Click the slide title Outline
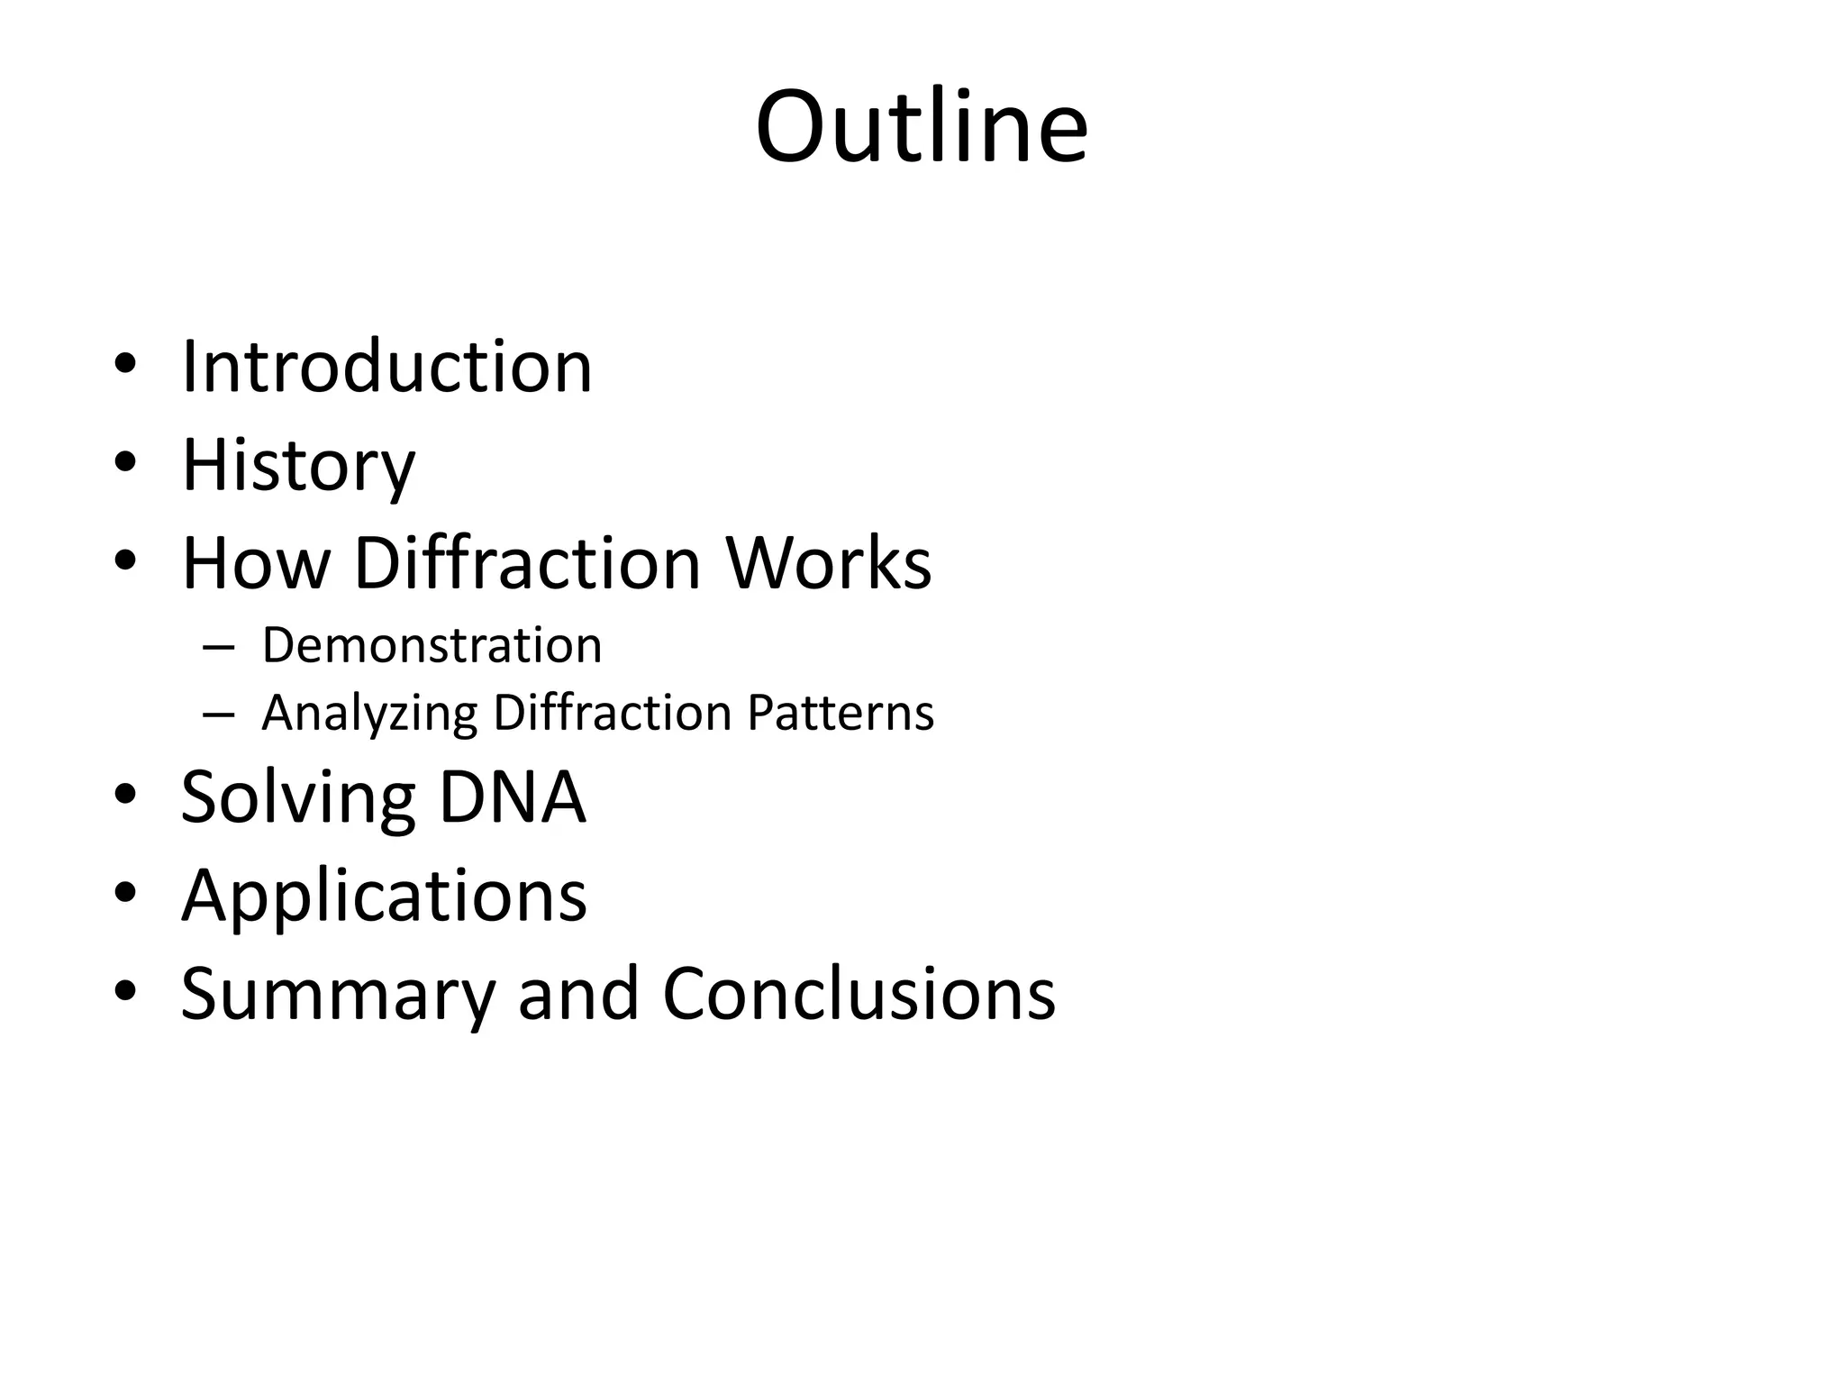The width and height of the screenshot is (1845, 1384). click(922, 127)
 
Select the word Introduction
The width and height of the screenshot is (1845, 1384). click(386, 367)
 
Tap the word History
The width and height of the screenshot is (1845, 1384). click(298, 466)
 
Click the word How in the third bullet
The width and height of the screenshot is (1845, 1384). click(256, 563)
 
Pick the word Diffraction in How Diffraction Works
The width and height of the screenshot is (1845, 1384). click(528, 563)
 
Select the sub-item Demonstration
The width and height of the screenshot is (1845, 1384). click(432, 645)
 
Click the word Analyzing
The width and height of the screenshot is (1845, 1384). click(369, 714)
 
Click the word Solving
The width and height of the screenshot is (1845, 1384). click(298, 797)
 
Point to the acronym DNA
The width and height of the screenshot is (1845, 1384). click(512, 797)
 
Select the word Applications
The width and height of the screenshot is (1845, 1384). click(384, 896)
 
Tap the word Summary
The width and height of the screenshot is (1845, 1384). click(338, 994)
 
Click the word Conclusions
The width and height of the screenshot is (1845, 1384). click(859, 994)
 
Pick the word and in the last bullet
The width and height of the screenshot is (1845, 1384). click(578, 994)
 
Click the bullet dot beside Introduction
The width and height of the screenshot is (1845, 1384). click(125, 364)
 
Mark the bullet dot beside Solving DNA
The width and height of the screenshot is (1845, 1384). click(125, 795)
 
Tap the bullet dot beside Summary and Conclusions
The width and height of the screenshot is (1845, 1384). click(125, 990)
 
